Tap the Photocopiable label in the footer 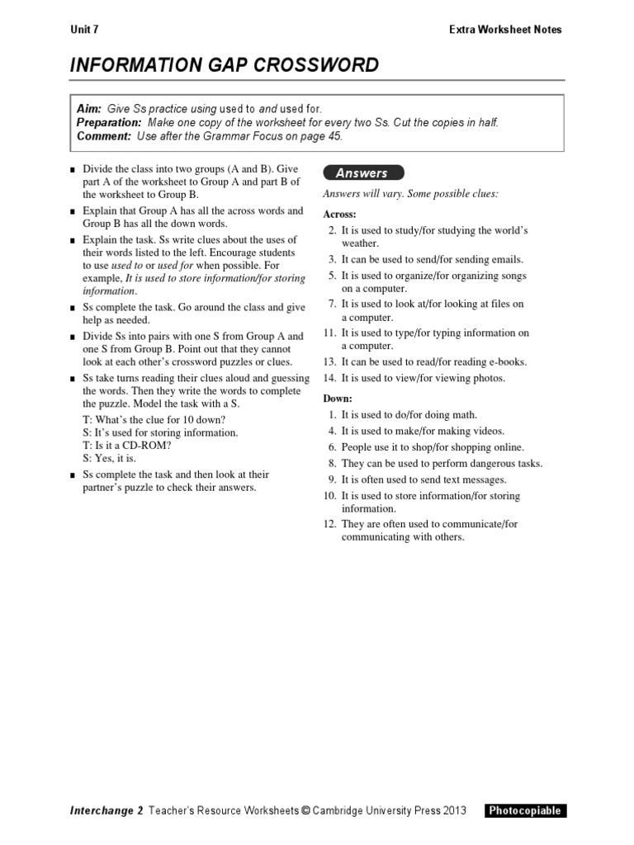(x=526, y=810)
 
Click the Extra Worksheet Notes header (x=505, y=30)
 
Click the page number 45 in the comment (x=334, y=136)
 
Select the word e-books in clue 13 (x=507, y=361)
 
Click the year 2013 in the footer (x=453, y=810)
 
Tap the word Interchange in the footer (x=102, y=810)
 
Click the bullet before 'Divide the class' (x=73, y=169)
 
